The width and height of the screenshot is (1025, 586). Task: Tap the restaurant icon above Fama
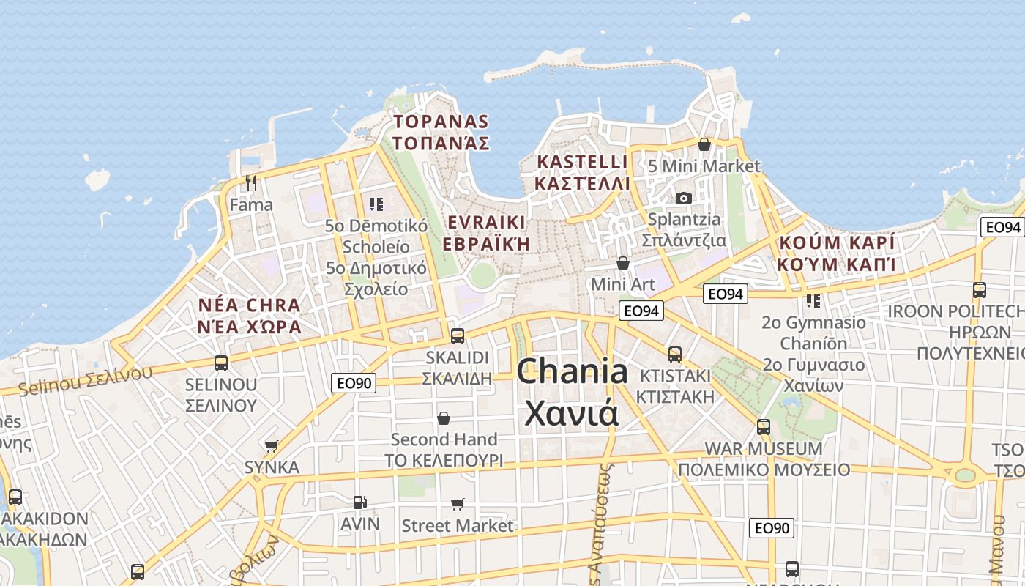coord(250,182)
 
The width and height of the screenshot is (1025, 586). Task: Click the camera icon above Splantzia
coord(684,198)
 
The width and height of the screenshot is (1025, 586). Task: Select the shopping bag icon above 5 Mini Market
coord(704,144)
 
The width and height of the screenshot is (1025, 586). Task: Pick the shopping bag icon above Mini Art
coord(623,262)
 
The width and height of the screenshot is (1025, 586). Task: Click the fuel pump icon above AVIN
coord(359,502)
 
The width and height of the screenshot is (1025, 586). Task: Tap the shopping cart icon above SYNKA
coord(272,445)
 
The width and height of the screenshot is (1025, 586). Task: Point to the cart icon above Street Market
coord(458,504)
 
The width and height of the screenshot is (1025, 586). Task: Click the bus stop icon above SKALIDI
coord(458,335)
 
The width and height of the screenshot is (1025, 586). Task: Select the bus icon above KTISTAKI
coord(675,354)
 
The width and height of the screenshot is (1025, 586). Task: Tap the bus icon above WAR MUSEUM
coord(764,426)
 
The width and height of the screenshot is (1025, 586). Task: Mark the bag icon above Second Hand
coord(444,418)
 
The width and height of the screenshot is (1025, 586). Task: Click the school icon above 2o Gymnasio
coord(813,300)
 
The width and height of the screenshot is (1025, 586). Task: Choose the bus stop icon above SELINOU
coord(220,363)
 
